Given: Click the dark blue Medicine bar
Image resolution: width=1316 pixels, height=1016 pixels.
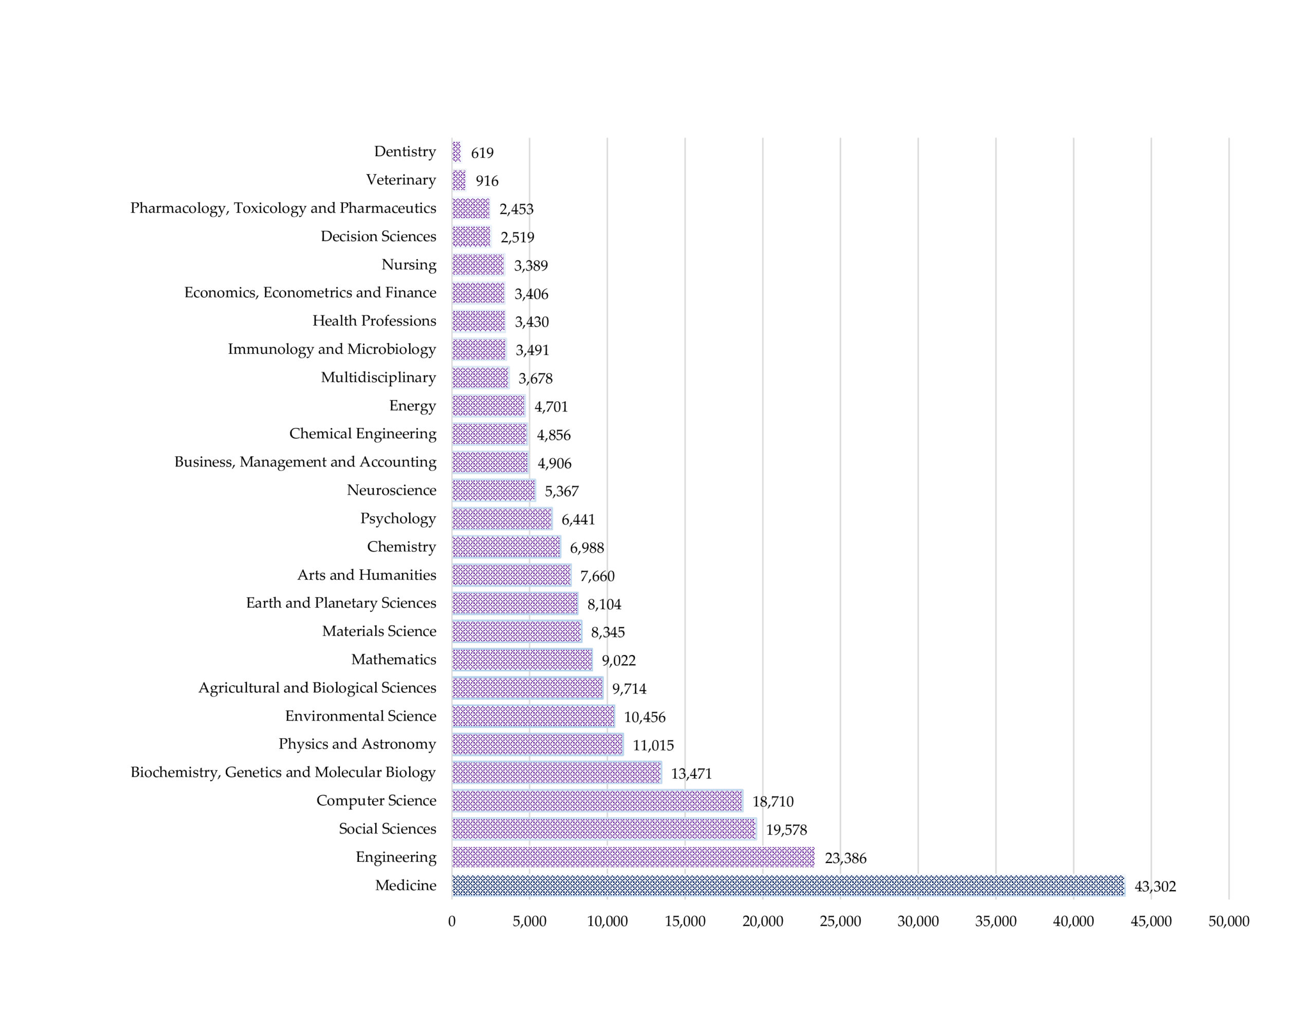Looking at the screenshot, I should pyautogui.click(x=788, y=886).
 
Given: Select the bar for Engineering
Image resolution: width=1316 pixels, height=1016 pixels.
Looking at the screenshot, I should pyautogui.click(x=633, y=857).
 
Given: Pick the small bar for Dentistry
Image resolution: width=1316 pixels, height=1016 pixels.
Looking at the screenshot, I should pyautogui.click(x=456, y=152).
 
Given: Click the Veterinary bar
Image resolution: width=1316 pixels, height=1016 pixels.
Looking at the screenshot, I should pyautogui.click(x=459, y=180).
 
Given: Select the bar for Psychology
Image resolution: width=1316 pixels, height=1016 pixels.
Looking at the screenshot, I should pyautogui.click(x=501, y=519).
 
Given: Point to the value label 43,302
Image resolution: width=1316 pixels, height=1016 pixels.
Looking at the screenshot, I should pyautogui.click(x=1155, y=887).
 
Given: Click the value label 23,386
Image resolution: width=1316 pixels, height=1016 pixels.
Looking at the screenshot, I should pyautogui.click(x=846, y=858).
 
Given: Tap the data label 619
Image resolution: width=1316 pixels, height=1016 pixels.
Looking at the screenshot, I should pyautogui.click(x=482, y=153).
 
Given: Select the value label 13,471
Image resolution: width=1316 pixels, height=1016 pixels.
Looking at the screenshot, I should pyautogui.click(x=691, y=773).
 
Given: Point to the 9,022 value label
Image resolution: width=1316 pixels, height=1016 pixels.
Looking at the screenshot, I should pyautogui.click(x=618, y=661).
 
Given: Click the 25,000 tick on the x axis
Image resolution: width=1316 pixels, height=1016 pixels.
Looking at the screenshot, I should pyautogui.click(x=840, y=921).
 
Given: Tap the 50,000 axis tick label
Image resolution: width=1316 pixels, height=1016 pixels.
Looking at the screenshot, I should pyautogui.click(x=1229, y=921).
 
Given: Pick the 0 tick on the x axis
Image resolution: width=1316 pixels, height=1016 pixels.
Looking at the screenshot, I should pyautogui.click(x=452, y=921).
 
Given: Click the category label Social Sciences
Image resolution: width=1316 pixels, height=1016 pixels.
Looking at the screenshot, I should pyautogui.click(x=387, y=829).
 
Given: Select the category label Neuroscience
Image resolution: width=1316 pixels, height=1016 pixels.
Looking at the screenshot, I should pyautogui.click(x=391, y=490).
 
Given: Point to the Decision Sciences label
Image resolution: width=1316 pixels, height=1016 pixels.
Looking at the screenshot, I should pyautogui.click(x=378, y=236).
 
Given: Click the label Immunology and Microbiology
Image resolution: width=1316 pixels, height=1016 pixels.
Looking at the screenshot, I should pyautogui.click(x=332, y=349).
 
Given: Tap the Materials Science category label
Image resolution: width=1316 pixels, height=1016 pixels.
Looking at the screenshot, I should pyautogui.click(x=379, y=631).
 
